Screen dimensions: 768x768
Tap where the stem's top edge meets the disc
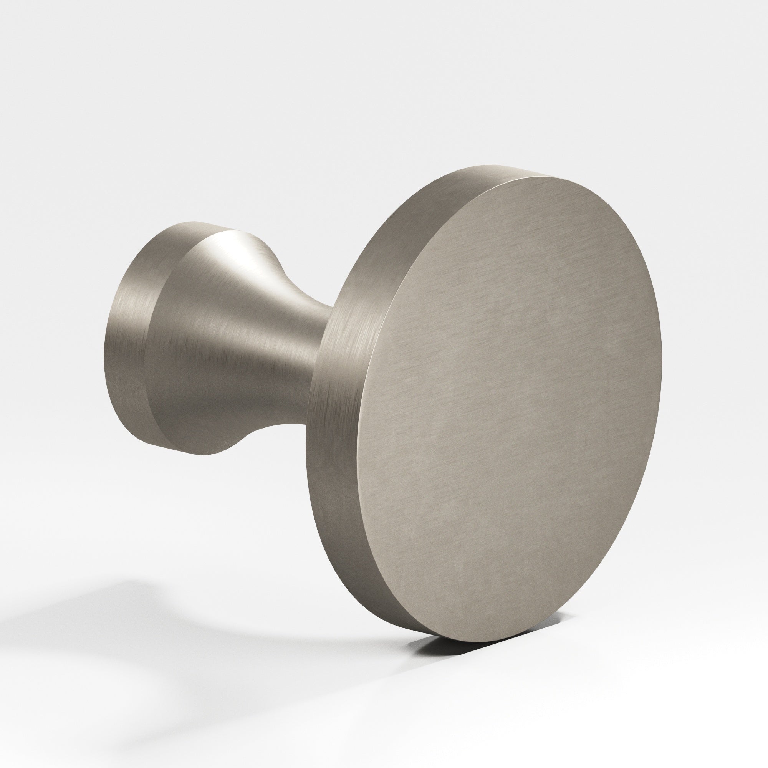click(332, 306)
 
